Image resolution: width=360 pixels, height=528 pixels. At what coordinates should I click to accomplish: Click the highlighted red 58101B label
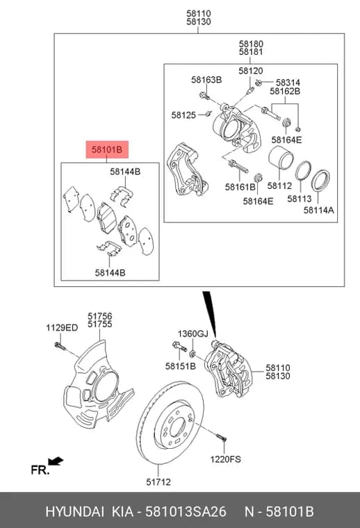coord(107,149)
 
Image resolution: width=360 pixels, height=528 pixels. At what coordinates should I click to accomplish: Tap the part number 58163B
coord(206,80)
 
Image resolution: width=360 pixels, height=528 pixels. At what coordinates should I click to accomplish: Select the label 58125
coord(183,115)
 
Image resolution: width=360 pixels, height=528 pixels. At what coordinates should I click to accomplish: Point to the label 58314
coord(288,83)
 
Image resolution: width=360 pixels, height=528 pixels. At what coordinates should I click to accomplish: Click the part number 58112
coord(279,185)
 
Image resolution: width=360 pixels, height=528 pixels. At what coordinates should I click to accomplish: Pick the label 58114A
coord(318,210)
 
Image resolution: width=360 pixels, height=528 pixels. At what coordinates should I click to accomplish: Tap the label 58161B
coord(240,187)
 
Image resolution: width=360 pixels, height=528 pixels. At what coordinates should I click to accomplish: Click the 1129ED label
coord(62,328)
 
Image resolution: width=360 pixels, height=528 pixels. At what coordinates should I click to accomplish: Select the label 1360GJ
coord(193,333)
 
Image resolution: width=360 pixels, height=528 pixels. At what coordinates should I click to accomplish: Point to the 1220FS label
coord(226,459)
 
